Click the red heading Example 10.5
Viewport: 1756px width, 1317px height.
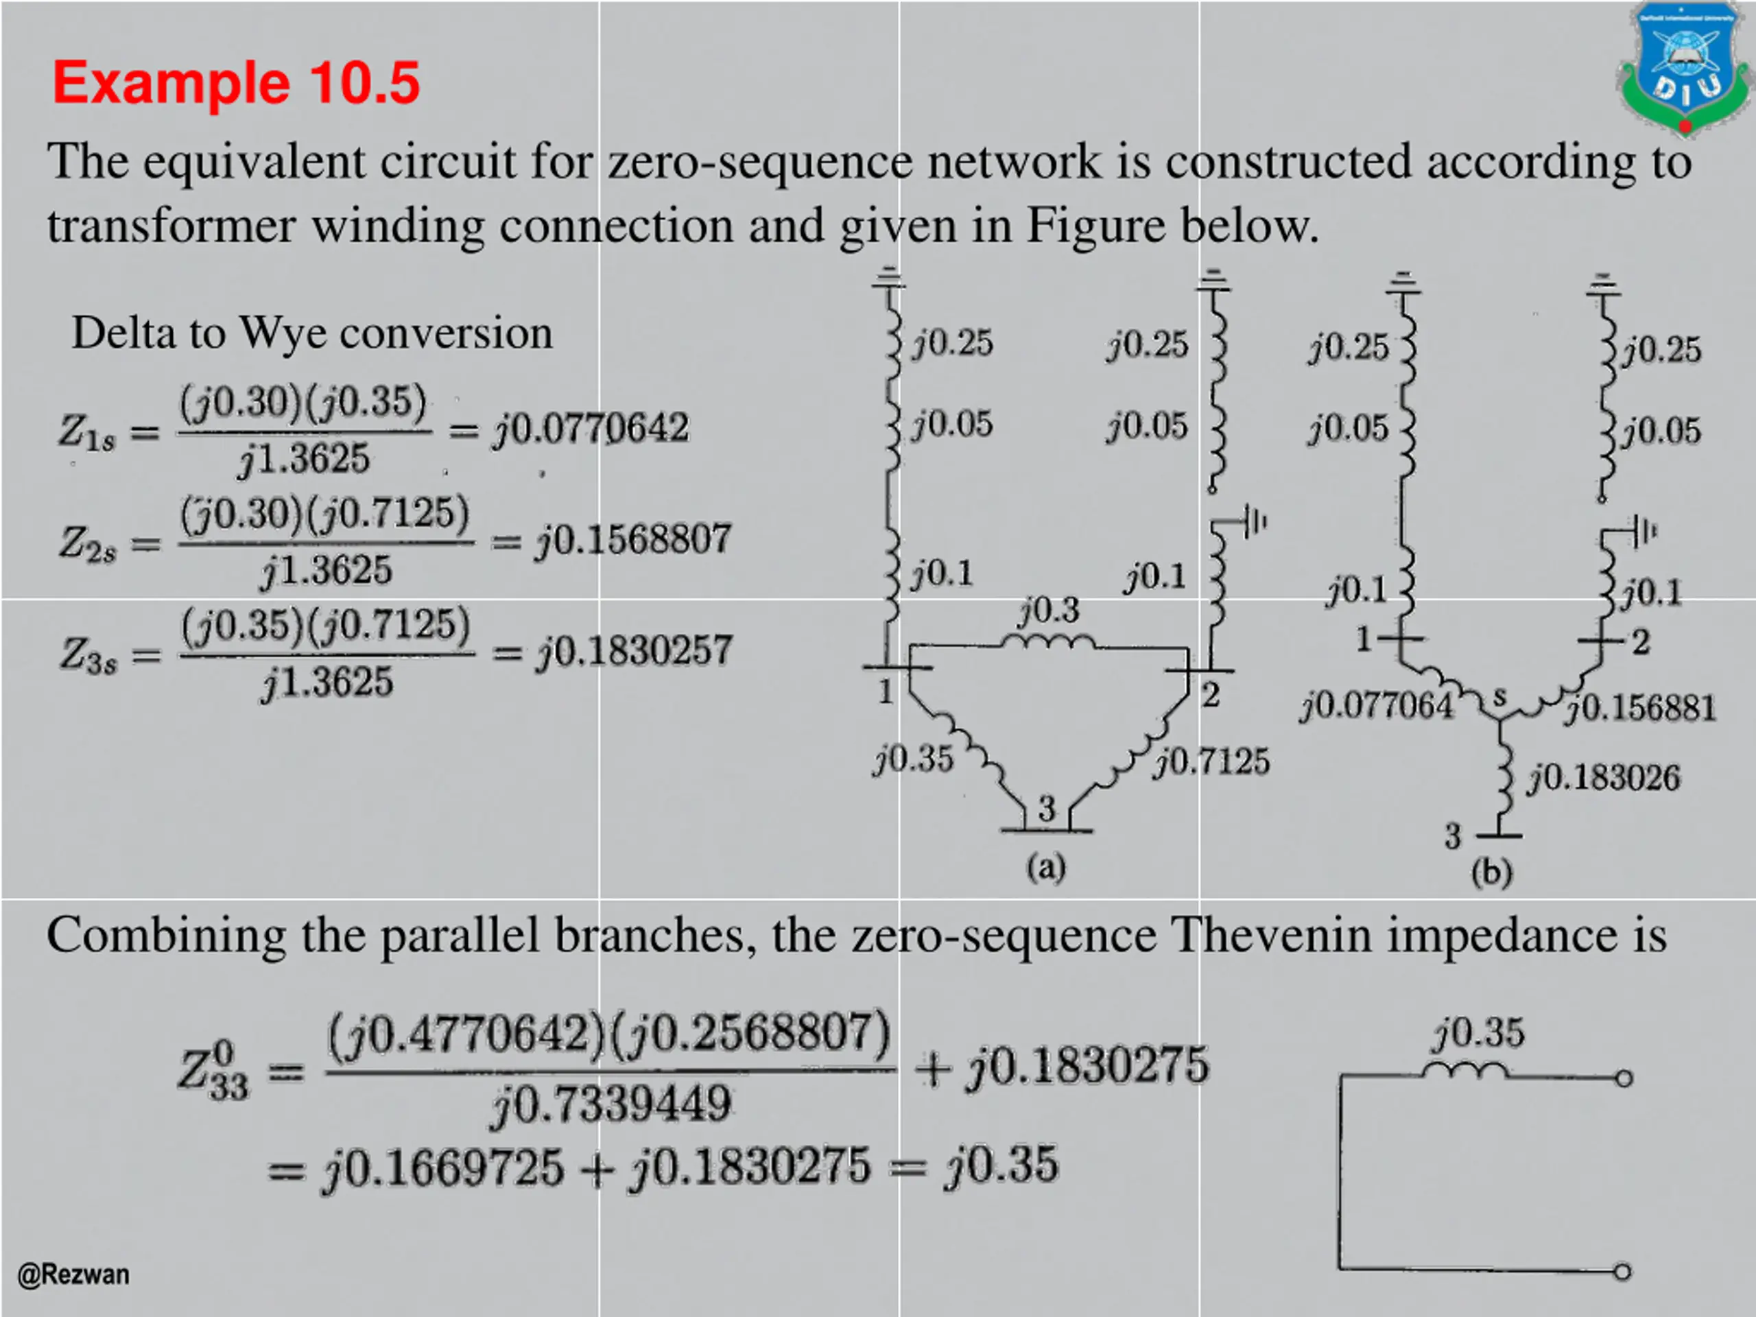236,82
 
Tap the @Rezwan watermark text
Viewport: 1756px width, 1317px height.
73,1274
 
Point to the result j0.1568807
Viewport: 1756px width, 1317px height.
632,540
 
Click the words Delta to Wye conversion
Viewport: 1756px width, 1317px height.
312,333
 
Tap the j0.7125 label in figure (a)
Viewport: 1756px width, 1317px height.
1212,761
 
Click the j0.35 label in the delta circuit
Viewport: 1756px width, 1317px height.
913,759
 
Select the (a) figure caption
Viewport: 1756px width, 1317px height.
1046,868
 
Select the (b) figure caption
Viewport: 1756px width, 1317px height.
1492,873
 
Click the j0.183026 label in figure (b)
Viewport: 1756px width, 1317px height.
1604,778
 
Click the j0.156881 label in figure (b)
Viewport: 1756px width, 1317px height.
1641,708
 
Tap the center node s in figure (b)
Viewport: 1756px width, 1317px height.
1499,698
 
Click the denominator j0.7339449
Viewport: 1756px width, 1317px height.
610,1104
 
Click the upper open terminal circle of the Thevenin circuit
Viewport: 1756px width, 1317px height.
1624,1079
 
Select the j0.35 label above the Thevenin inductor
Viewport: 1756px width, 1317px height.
1479,1034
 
